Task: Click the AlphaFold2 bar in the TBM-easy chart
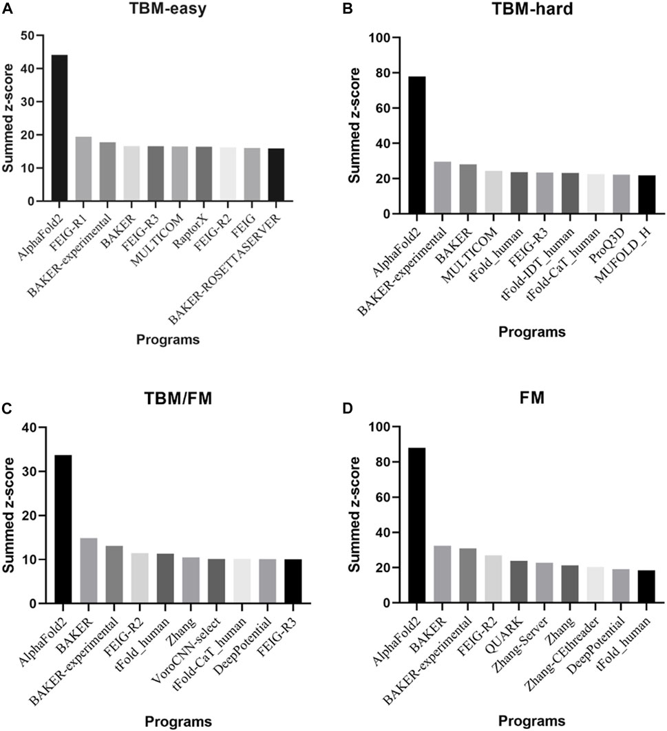(59, 128)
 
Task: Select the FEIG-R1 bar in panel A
(83, 169)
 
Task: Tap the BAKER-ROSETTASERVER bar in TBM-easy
(276, 175)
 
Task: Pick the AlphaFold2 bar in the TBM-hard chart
(417, 145)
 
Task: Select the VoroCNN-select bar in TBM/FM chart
(216, 582)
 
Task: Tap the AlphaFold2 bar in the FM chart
(417, 525)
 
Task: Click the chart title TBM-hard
(532, 9)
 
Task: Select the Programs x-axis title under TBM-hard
(532, 332)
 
